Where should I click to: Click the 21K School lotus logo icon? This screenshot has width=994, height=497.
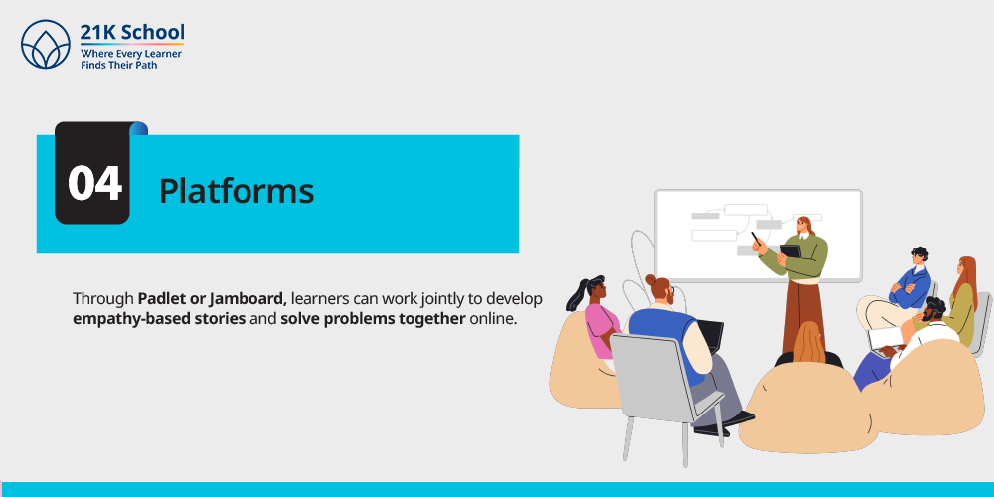(x=46, y=44)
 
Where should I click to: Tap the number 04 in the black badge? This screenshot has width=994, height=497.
(x=94, y=183)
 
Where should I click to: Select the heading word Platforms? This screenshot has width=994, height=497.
(x=237, y=190)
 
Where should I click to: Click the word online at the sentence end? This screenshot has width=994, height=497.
(x=493, y=318)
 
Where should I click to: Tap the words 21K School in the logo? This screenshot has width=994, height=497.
(x=132, y=33)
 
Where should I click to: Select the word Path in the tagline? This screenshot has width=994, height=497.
(x=145, y=65)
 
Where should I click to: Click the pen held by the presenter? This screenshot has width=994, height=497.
(x=757, y=239)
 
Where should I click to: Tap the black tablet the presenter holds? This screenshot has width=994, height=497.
(x=790, y=250)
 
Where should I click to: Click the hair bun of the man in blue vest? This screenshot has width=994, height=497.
(x=651, y=279)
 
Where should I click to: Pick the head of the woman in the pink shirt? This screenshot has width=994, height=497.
(x=595, y=290)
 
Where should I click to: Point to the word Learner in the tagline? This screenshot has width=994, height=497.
(x=163, y=54)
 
